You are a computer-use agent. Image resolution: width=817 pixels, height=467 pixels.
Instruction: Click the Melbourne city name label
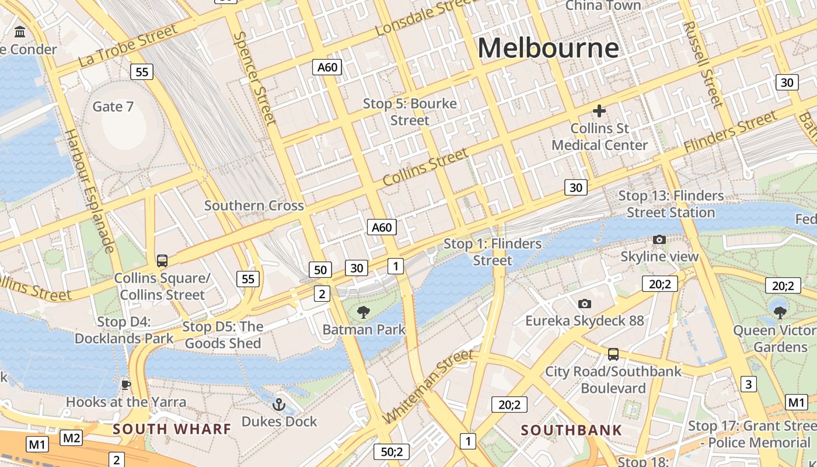[548, 48]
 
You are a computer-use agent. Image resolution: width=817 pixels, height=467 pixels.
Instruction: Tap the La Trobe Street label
[128, 45]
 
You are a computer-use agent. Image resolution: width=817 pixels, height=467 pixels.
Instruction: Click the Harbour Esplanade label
[89, 191]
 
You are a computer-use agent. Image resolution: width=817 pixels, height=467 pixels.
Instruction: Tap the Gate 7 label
[113, 106]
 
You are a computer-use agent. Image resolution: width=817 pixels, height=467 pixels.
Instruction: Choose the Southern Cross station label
[254, 205]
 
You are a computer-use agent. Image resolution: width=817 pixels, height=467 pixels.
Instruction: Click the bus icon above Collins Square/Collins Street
[162, 260]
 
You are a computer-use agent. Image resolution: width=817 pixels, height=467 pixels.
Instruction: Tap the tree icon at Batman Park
[364, 312]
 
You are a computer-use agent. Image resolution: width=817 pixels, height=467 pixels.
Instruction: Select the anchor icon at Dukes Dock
[280, 404]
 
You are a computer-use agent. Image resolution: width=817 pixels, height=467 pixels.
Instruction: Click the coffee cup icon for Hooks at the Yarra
[125, 385]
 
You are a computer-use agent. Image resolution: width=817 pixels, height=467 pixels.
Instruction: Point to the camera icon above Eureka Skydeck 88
[584, 304]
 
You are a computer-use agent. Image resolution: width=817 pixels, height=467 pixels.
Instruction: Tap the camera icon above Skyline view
[659, 239]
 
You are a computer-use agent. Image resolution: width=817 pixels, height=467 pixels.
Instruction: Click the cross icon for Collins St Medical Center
[599, 111]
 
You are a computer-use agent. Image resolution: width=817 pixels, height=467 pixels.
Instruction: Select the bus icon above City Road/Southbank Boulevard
[613, 354]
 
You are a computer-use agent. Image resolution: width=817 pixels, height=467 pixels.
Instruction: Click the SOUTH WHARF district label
[172, 429]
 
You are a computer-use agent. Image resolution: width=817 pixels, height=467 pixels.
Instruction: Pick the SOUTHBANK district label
[571, 431]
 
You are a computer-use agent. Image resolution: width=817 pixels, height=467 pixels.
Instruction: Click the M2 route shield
[71, 437]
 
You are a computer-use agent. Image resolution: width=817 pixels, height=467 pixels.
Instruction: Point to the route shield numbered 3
[748, 384]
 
